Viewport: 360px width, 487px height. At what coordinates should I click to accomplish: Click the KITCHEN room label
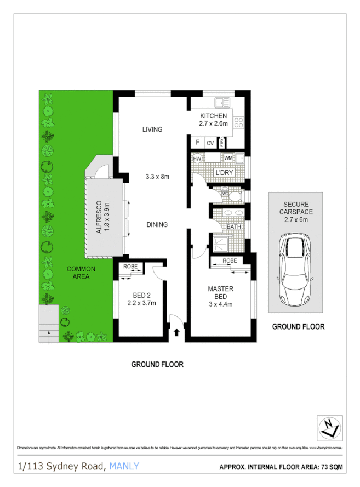pos(213,116)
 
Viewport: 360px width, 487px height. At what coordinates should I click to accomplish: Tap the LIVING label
pos(152,129)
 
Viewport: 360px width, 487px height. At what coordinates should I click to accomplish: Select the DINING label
pos(157,225)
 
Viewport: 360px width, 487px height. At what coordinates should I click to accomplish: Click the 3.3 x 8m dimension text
pos(157,177)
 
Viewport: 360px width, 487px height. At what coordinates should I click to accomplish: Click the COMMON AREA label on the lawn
pos(81,273)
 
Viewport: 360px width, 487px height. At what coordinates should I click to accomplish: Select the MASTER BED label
pos(221,293)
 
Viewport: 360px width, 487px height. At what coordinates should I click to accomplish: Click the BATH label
pos(234,226)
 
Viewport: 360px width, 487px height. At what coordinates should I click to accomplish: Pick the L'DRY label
pos(224,172)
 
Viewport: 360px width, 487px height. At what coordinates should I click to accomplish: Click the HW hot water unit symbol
pos(197,158)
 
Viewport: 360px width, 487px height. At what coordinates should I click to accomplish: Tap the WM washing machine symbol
pos(228,158)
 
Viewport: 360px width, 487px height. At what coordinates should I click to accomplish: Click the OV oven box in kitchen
pos(210,143)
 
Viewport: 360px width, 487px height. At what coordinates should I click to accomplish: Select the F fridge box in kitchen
pos(197,143)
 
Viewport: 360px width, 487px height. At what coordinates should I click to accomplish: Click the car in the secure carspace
pos(294,270)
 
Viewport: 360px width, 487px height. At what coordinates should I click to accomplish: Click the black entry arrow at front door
pos(176,332)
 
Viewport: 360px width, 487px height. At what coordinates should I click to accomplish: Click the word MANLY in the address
pos(124,466)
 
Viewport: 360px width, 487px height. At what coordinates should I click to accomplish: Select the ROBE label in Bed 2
pos(130,267)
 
